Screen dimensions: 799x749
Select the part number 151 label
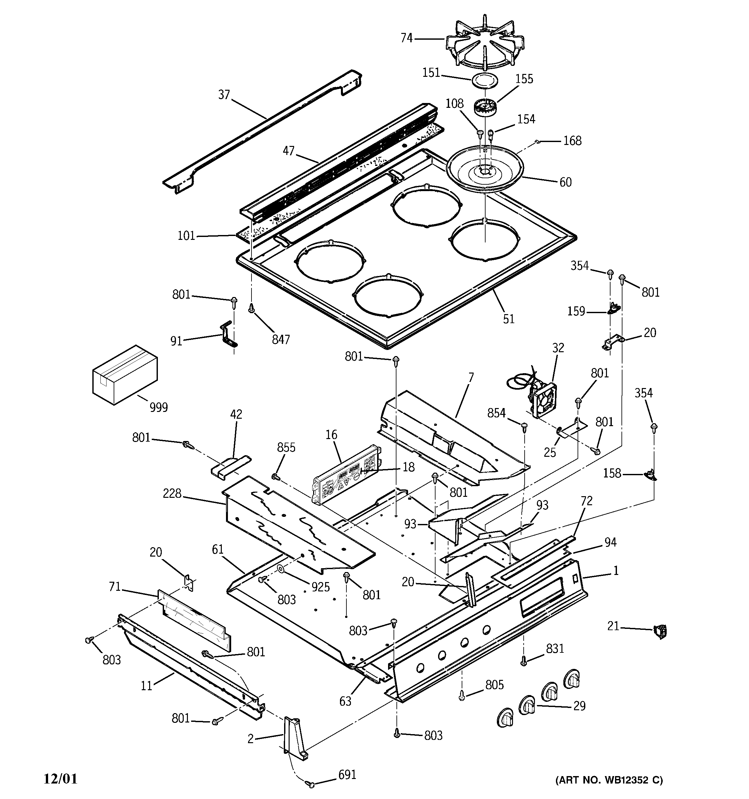[x=431, y=73]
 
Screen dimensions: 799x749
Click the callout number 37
[x=224, y=95]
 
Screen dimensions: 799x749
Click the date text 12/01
[x=60, y=779]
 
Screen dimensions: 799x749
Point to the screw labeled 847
[x=252, y=309]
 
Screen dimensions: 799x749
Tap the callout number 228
[x=172, y=493]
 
